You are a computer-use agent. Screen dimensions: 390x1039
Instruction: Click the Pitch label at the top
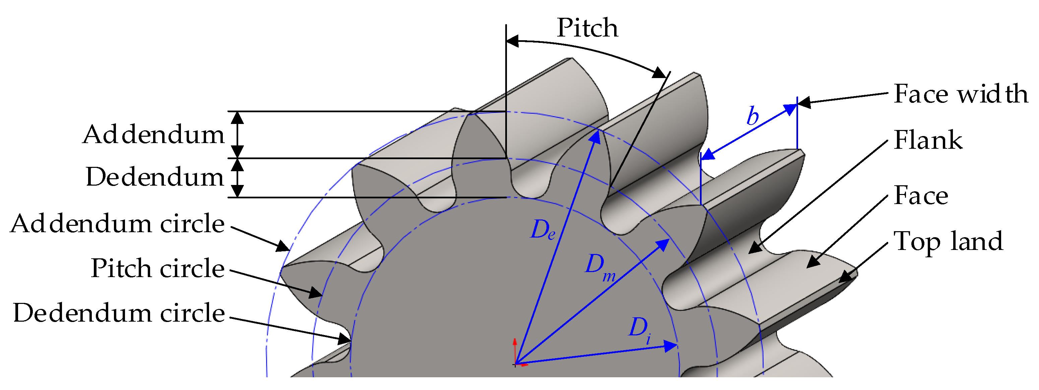pyautogui.click(x=587, y=28)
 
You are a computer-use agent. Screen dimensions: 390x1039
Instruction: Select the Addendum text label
pyautogui.click(x=153, y=135)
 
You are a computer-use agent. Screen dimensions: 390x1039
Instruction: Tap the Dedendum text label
pyautogui.click(x=154, y=178)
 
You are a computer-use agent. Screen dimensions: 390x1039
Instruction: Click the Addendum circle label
pyautogui.click(x=117, y=224)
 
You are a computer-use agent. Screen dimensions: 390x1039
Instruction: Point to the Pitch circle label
pyautogui.click(x=157, y=268)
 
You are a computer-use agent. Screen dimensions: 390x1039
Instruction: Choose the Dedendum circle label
pyautogui.click(x=119, y=313)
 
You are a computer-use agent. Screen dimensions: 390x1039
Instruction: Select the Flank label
pyautogui.click(x=928, y=140)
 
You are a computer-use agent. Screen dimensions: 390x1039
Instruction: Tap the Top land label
pyautogui.click(x=948, y=241)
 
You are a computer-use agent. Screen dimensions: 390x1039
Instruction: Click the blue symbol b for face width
pyautogui.click(x=753, y=116)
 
